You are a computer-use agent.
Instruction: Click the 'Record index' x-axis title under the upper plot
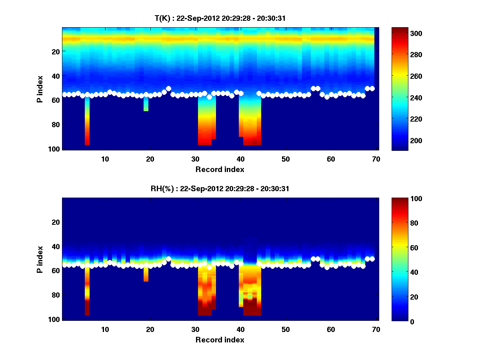coord(220,169)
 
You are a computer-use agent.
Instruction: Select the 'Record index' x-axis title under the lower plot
coord(220,340)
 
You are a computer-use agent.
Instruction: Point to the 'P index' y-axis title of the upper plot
coord(40,89)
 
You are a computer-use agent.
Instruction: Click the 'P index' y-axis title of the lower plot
coord(40,260)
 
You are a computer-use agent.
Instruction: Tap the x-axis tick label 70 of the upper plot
coord(376,159)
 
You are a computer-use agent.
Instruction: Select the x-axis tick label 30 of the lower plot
coord(195,329)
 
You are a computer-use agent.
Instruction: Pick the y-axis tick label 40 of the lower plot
coord(56,246)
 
